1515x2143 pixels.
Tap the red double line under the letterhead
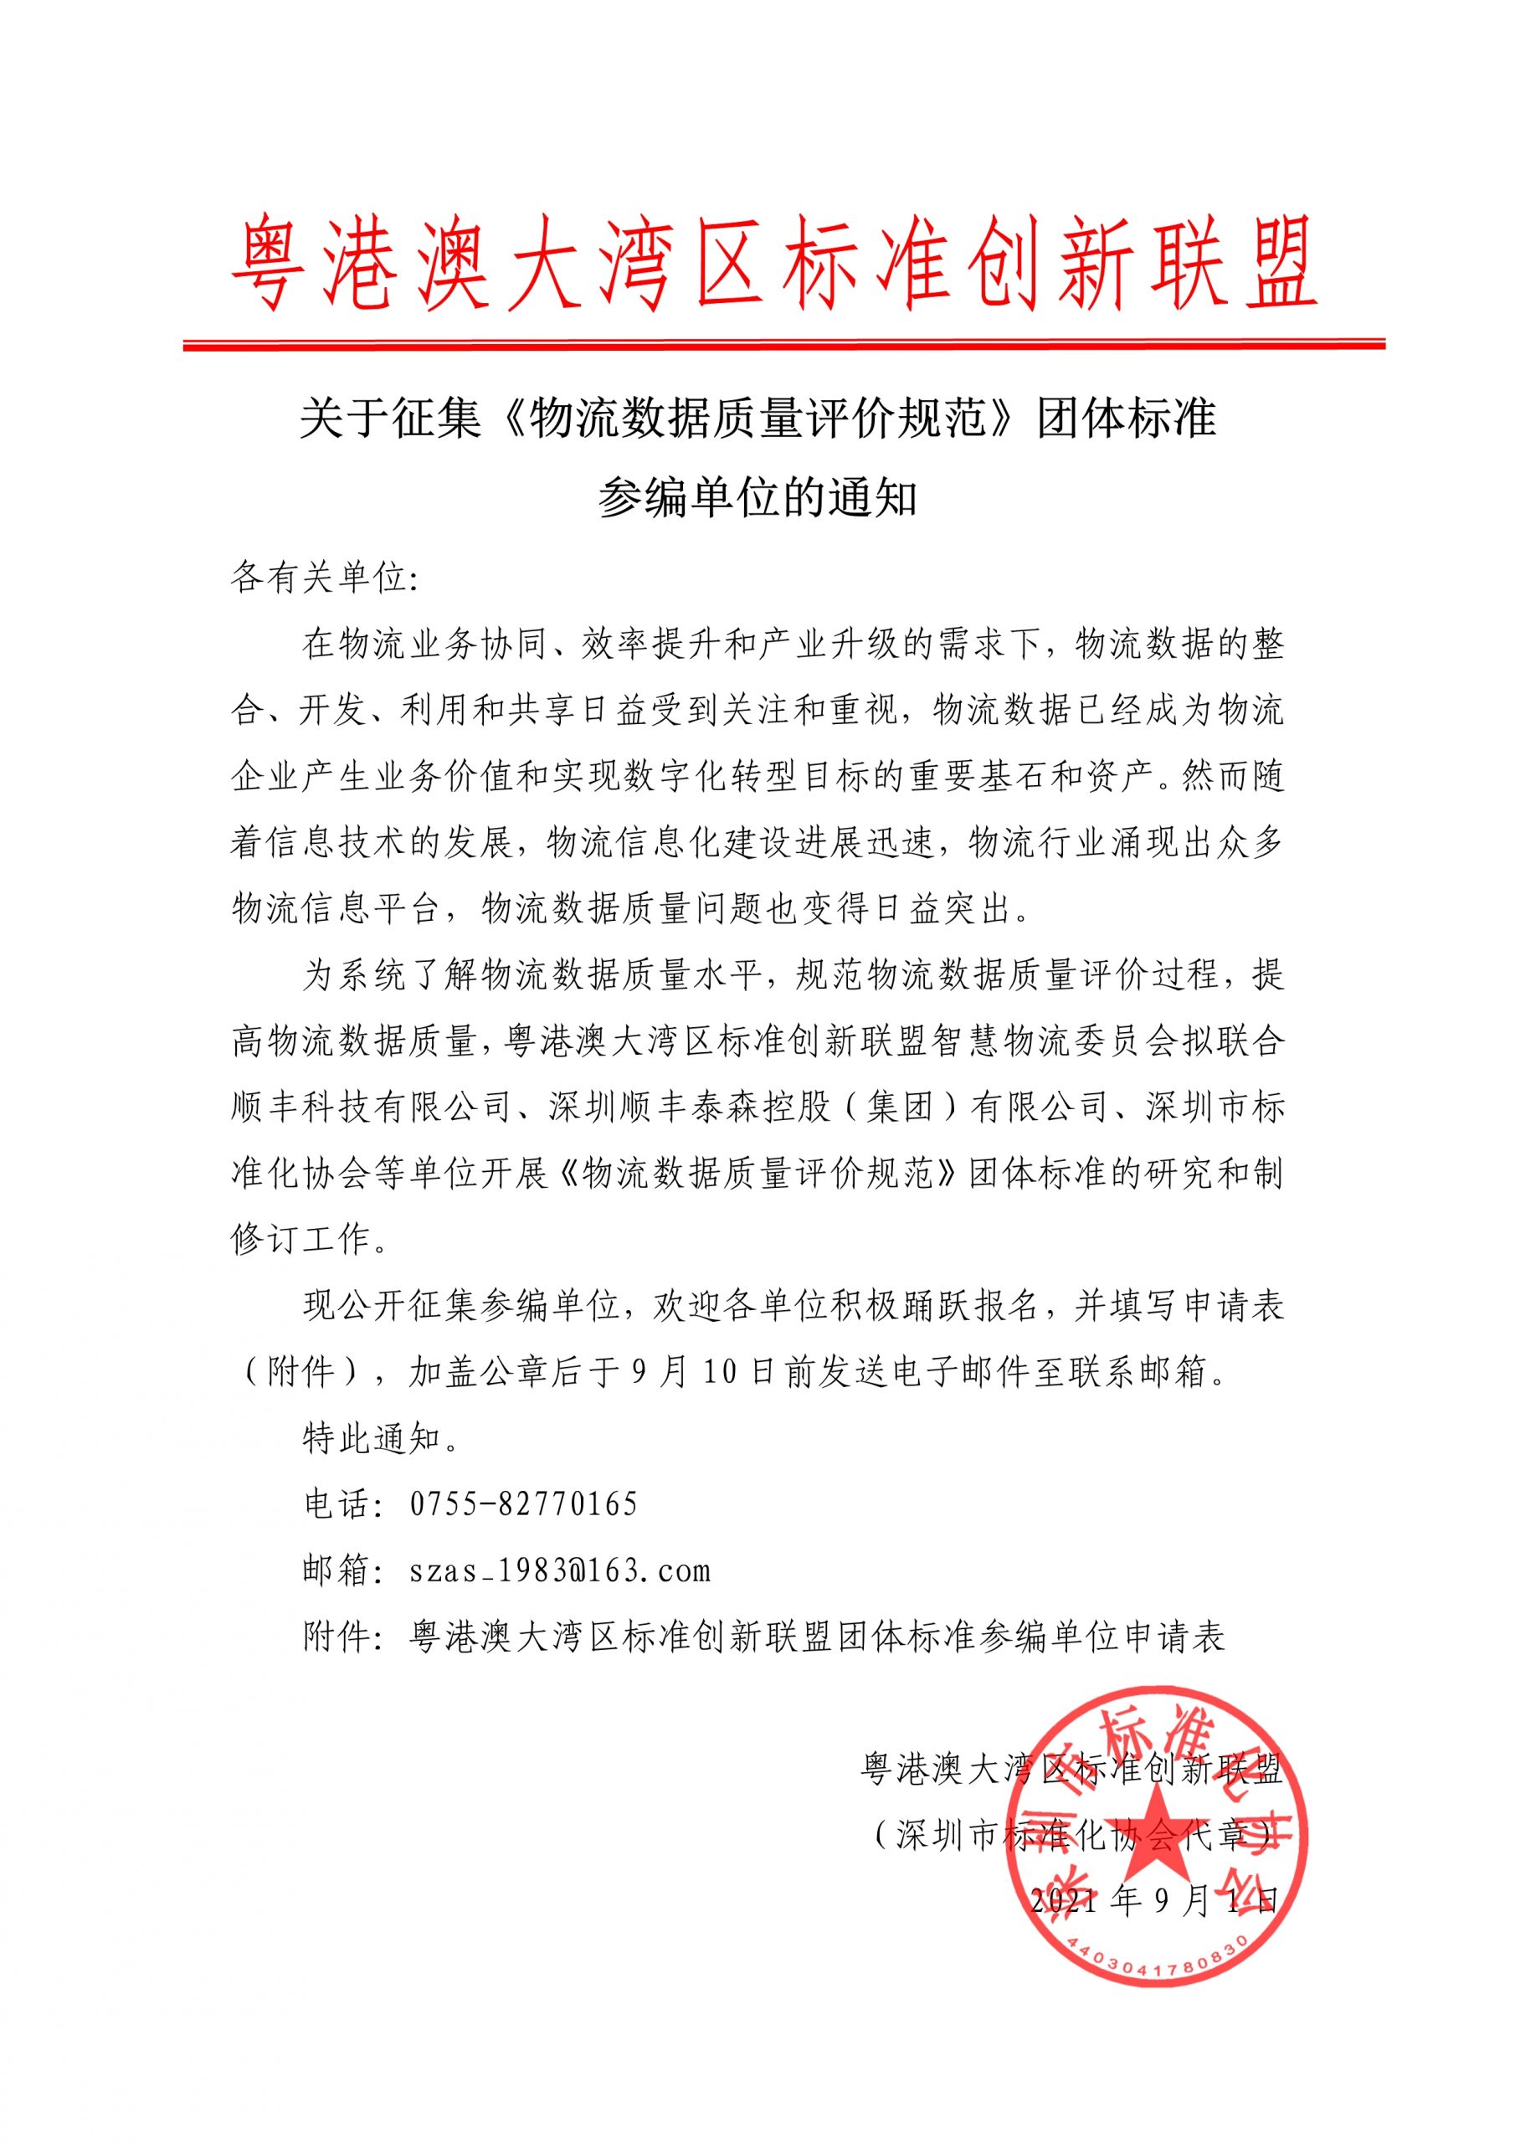(783, 344)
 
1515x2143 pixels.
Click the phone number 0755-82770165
(524, 1503)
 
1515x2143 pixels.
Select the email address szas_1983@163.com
(560, 1570)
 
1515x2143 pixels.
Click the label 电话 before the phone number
(338, 1503)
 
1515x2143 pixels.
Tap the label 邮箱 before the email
(338, 1570)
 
